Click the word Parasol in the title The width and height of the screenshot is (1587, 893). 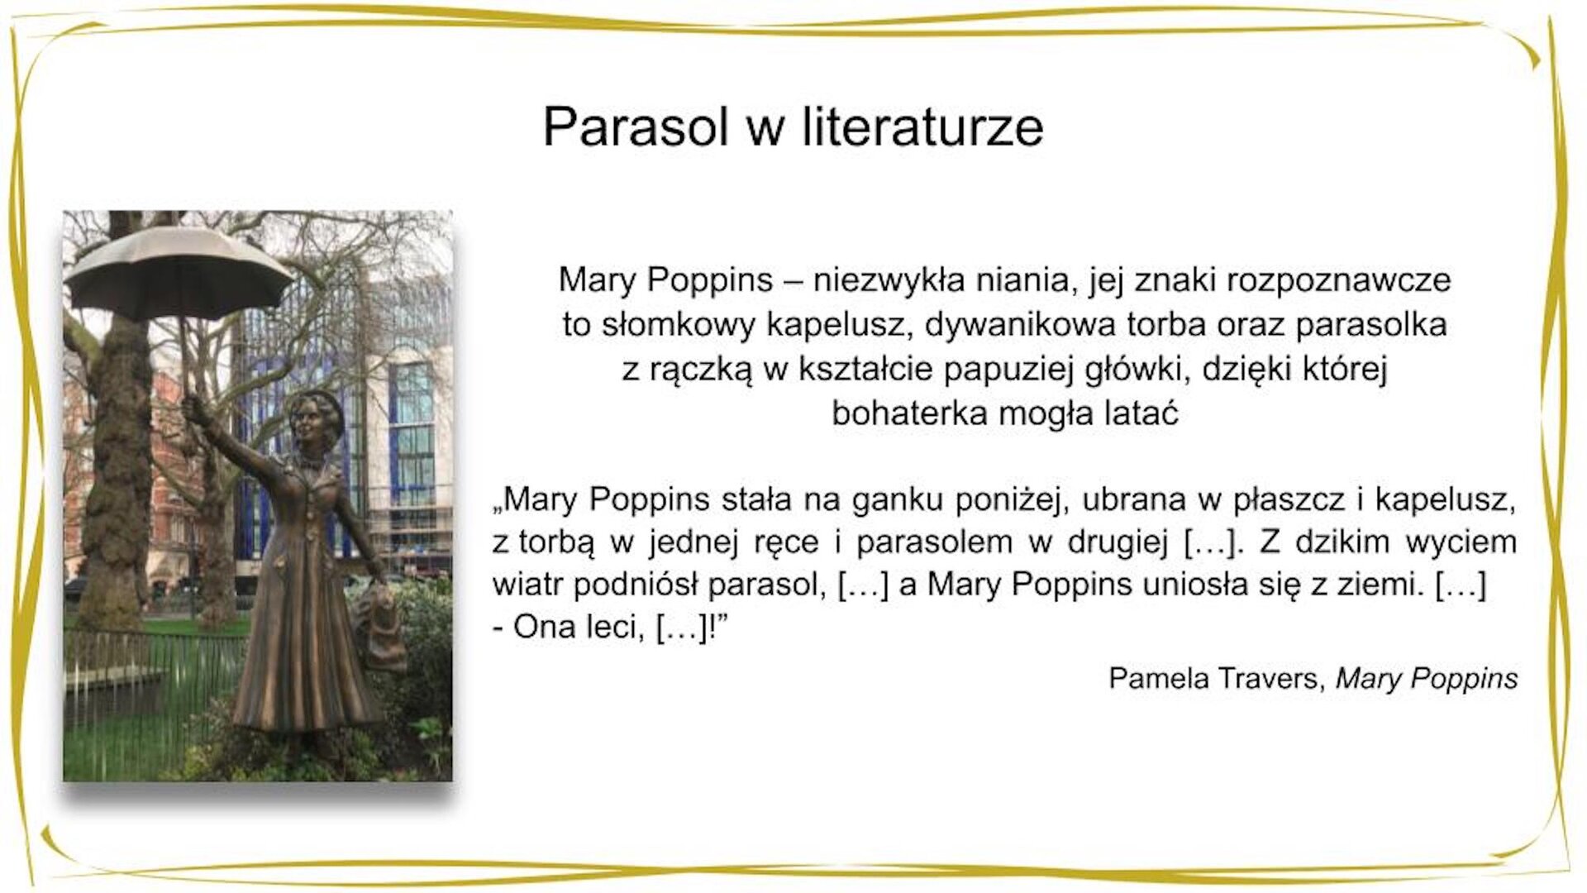click(x=635, y=127)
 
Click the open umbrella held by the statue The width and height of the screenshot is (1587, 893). click(x=178, y=273)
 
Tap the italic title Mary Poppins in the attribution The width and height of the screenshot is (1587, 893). click(x=1427, y=678)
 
